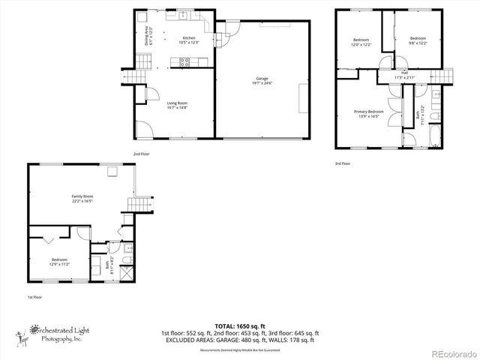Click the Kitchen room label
coord(187,40)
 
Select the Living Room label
coord(177,106)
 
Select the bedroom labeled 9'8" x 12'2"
coord(416,40)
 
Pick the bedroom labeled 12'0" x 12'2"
coord(361,42)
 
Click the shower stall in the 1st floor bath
coord(127,262)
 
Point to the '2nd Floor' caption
coord(142,154)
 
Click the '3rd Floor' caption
coord(342,163)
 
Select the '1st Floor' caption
coord(35,298)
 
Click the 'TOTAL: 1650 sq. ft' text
coord(239,325)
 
